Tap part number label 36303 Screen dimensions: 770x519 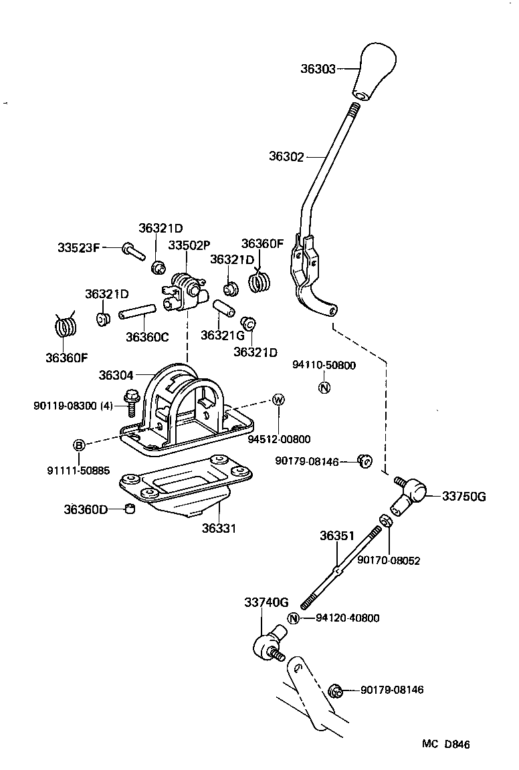(318, 68)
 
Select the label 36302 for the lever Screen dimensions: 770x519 (286, 157)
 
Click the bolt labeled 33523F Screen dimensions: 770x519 (133, 253)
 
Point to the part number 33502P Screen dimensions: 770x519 (188, 245)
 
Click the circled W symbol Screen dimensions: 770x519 (278, 400)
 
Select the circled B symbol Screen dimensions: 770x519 (79, 445)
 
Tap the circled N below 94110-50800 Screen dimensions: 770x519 (324, 387)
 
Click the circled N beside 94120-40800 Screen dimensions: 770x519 (294, 618)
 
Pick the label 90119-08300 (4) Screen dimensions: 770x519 (73, 406)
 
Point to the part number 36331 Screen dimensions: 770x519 (219, 528)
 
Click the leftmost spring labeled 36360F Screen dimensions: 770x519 (64, 328)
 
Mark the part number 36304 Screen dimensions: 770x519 (116, 376)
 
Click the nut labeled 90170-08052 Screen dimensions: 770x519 (385, 521)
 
